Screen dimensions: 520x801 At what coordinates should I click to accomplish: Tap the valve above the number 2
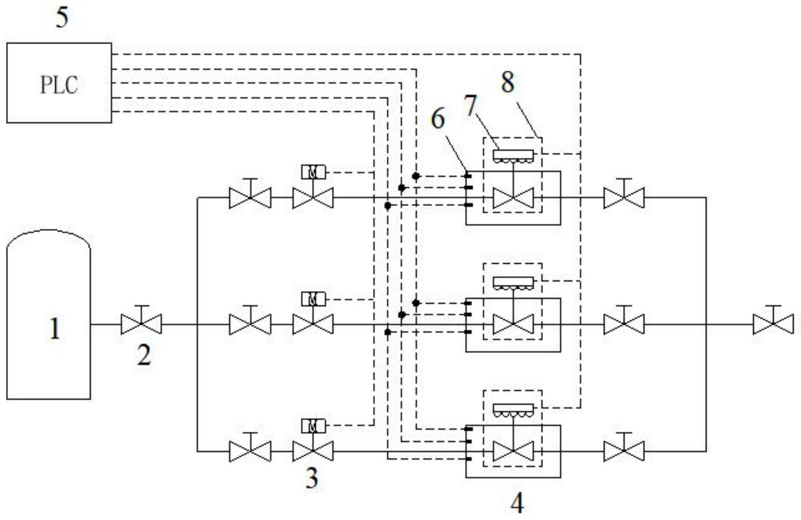pyautogui.click(x=142, y=324)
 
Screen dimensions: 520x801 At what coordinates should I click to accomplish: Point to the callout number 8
pyautogui.click(x=507, y=83)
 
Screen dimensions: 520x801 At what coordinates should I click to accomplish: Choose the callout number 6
pyautogui.click(x=438, y=119)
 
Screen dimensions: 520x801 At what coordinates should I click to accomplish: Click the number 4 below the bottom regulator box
pyautogui.click(x=517, y=504)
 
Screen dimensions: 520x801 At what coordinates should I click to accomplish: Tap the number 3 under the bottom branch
pyautogui.click(x=312, y=478)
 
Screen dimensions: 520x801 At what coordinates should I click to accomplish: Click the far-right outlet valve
pyautogui.click(x=773, y=324)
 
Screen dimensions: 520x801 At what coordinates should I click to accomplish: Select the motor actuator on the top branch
pyautogui.click(x=313, y=172)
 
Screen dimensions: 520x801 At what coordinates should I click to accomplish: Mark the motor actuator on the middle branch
pyautogui.click(x=313, y=299)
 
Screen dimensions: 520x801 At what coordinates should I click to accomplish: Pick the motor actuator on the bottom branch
pyautogui.click(x=313, y=426)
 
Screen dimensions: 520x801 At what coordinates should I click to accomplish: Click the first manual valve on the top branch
pyautogui.click(x=250, y=198)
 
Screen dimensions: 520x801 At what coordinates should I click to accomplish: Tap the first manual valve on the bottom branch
pyautogui.click(x=250, y=451)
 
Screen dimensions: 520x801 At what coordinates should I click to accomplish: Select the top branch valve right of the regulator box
pyautogui.click(x=624, y=198)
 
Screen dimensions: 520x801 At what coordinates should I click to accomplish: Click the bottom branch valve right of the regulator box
pyautogui.click(x=624, y=451)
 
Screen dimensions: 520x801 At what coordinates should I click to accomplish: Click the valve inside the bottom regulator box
pyautogui.click(x=513, y=451)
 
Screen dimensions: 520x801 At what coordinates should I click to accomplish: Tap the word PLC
pyautogui.click(x=59, y=85)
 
